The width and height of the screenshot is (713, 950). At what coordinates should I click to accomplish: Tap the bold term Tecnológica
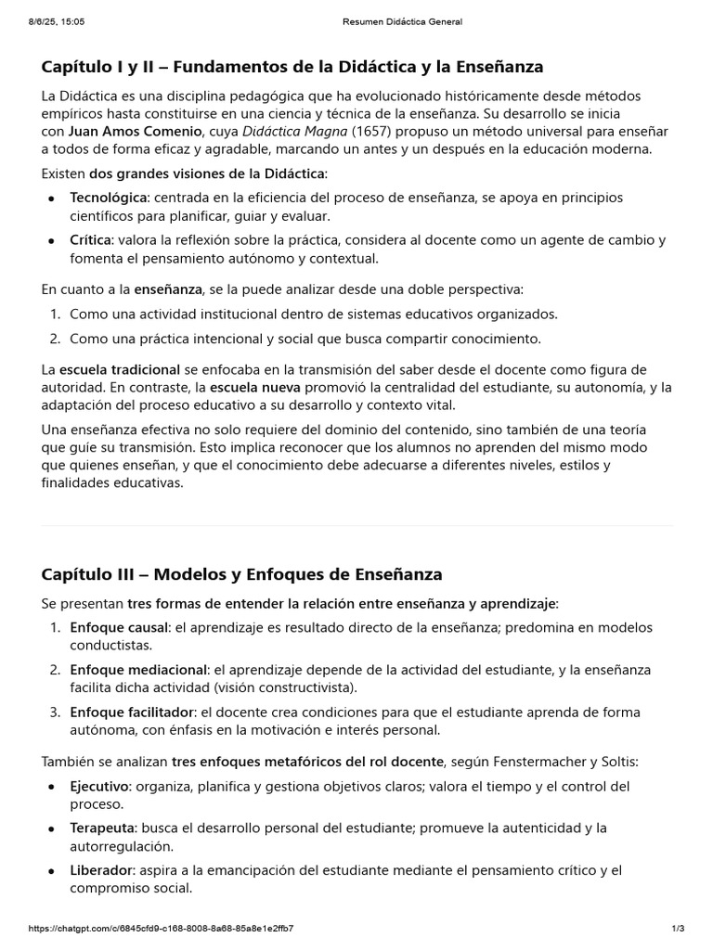point(109,198)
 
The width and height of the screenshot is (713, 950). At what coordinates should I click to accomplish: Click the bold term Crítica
point(90,240)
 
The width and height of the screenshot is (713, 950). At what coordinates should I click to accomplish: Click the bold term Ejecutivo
point(99,786)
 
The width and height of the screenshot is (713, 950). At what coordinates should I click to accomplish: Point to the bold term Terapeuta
point(102,828)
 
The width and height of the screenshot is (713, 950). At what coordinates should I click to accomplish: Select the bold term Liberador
point(101,870)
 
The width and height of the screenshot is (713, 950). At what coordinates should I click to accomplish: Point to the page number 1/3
point(677,928)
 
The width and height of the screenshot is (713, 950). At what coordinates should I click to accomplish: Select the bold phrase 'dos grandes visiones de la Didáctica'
point(206,173)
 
